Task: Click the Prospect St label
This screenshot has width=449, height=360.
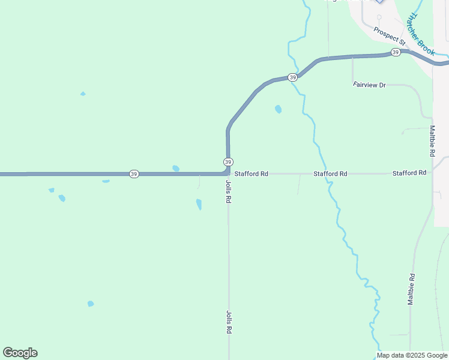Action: [389, 37]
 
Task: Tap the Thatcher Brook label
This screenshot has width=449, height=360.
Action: [420, 35]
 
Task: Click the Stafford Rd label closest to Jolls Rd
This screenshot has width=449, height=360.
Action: [251, 174]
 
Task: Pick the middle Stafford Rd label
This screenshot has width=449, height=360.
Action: [330, 174]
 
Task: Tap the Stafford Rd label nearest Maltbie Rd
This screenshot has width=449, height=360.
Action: [409, 173]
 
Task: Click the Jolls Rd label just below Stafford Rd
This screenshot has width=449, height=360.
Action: [229, 191]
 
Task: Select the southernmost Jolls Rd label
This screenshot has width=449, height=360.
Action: [229, 322]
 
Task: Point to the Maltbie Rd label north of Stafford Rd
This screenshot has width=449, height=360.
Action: [432, 142]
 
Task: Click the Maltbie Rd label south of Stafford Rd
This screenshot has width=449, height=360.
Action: [412, 289]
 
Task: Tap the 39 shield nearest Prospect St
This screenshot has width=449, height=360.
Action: [395, 53]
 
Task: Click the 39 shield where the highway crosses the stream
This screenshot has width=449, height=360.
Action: [292, 77]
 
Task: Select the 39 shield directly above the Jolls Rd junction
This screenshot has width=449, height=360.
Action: [228, 162]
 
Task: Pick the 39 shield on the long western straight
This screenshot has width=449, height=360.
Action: [133, 174]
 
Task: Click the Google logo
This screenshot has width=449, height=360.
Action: [20, 353]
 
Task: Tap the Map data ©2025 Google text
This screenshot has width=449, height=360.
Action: [411, 355]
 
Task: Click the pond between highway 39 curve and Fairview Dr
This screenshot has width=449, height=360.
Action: [278, 109]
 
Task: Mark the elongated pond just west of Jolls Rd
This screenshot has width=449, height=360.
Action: [199, 204]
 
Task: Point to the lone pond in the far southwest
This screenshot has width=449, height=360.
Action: [91, 304]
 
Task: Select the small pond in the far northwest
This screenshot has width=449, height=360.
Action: [83, 94]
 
